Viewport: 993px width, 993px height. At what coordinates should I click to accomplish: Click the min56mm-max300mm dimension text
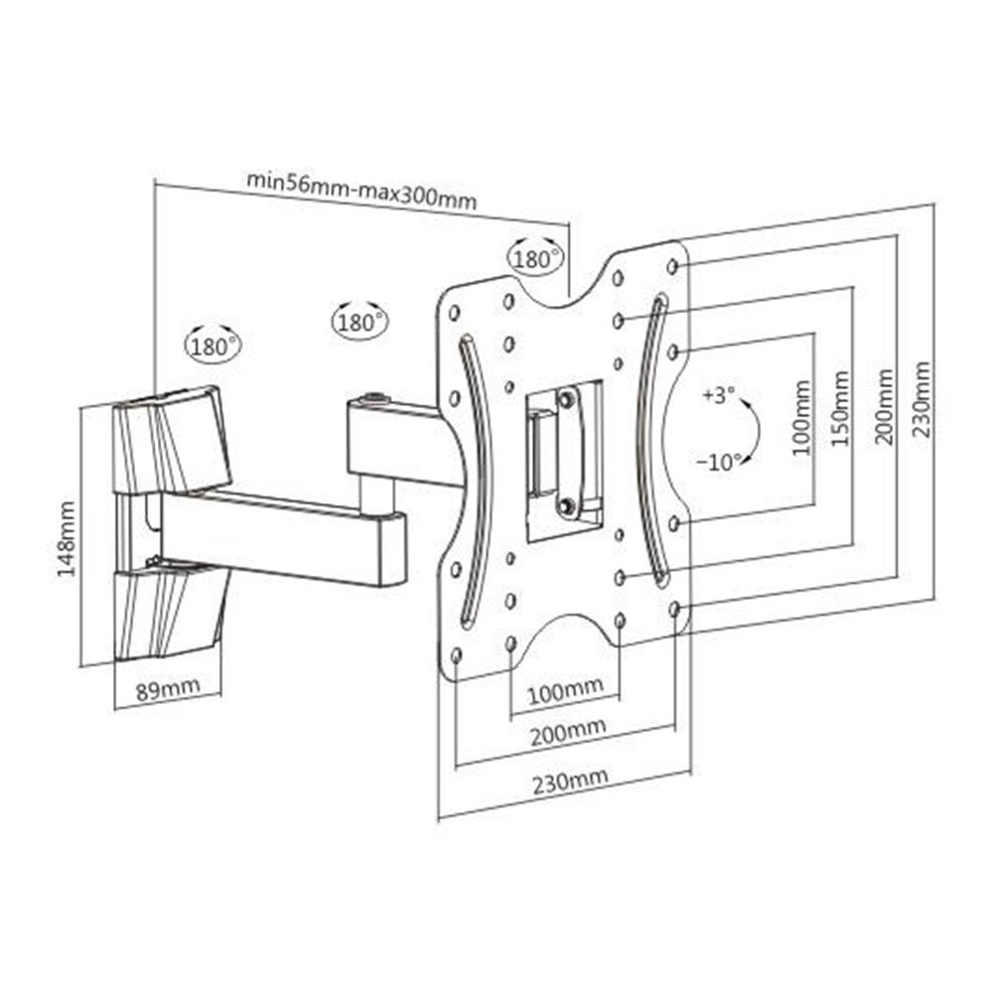[x=361, y=190]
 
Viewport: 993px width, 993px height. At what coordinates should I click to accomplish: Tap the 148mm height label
[x=67, y=538]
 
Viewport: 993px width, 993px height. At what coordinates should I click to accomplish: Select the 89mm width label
[x=168, y=688]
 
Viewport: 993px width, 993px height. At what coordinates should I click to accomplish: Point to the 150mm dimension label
[x=840, y=408]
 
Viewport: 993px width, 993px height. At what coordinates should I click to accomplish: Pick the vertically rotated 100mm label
[x=801, y=417]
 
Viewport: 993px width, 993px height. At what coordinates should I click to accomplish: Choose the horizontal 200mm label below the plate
[x=568, y=733]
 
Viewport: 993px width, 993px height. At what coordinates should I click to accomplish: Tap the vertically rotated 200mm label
[x=884, y=407]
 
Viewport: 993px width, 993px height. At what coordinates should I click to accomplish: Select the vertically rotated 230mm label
[x=922, y=399]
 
